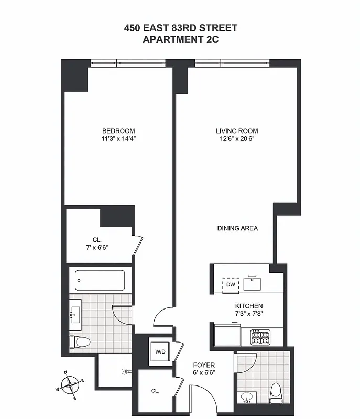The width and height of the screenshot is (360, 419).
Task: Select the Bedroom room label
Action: (x=118, y=131)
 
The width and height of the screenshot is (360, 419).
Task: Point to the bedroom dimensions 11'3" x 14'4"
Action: (x=118, y=139)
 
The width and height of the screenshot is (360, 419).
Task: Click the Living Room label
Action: (x=237, y=131)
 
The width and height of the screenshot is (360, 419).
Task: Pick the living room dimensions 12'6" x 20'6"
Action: (x=237, y=139)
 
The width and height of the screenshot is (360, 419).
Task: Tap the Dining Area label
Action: (x=237, y=228)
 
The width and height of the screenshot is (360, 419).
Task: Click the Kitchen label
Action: (x=248, y=306)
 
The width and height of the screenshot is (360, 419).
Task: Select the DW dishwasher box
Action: (x=231, y=284)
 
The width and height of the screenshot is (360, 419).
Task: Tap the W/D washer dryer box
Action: (x=159, y=352)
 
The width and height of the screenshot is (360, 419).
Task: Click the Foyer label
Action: (x=204, y=365)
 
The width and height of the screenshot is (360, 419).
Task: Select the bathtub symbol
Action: (x=100, y=280)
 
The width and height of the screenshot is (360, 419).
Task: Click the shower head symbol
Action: (x=125, y=372)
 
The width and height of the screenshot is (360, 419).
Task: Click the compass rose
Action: (x=69, y=385)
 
